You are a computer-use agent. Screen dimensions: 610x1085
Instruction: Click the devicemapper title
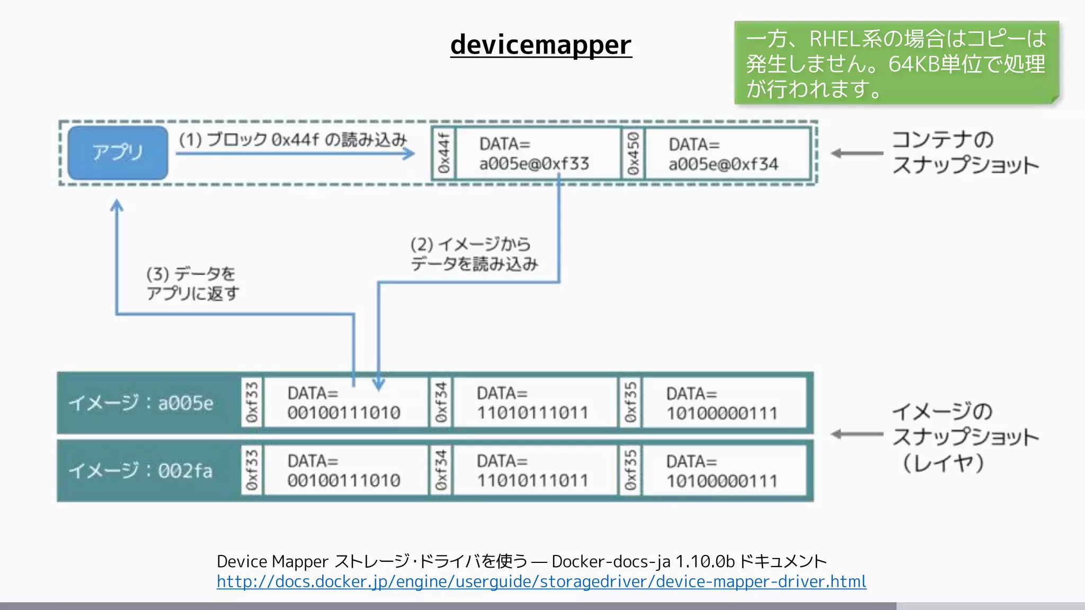(x=541, y=44)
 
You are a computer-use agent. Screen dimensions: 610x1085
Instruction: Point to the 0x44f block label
(x=444, y=154)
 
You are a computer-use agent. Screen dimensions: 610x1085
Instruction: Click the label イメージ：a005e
(x=141, y=403)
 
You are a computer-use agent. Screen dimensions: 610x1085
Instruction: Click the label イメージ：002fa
(x=141, y=471)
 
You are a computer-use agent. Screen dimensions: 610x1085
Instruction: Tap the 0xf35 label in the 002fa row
(x=630, y=471)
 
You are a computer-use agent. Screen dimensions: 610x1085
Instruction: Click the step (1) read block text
(x=292, y=140)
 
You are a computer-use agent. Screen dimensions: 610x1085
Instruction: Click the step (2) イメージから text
(x=474, y=254)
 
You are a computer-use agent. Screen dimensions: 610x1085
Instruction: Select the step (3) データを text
(x=192, y=283)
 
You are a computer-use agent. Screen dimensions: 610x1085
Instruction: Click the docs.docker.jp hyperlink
(x=541, y=582)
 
